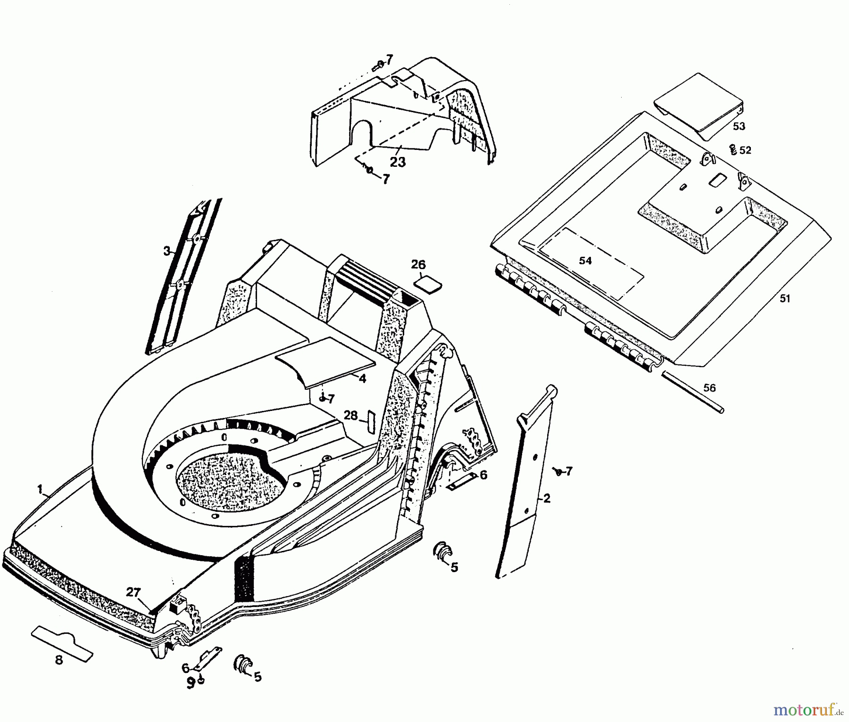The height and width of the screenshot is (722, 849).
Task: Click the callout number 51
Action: [784, 299]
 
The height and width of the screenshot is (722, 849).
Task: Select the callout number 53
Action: [739, 126]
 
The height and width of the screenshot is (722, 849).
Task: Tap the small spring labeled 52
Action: [733, 149]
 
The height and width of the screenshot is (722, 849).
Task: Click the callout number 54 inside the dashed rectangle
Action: [585, 261]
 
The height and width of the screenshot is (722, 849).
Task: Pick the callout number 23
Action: [398, 162]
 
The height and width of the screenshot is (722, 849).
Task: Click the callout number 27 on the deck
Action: [133, 592]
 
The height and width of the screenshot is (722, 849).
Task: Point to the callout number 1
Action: [40, 489]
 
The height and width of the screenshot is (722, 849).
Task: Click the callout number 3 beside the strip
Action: [166, 251]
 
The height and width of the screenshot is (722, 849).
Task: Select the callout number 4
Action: [362, 378]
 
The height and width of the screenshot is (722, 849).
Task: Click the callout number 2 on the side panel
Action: [546, 498]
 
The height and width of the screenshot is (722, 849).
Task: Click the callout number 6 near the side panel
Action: [483, 475]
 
